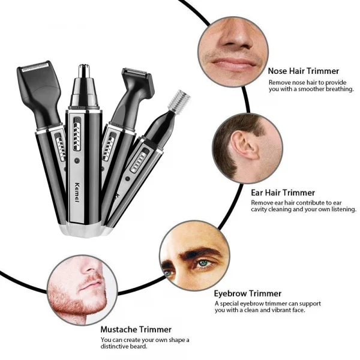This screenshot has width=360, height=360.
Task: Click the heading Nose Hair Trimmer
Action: pos(304,71)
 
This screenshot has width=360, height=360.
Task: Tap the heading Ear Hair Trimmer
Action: pos(283,193)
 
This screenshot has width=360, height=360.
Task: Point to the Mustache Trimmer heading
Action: pos(136,329)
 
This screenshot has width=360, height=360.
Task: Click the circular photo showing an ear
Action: pos(247,147)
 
